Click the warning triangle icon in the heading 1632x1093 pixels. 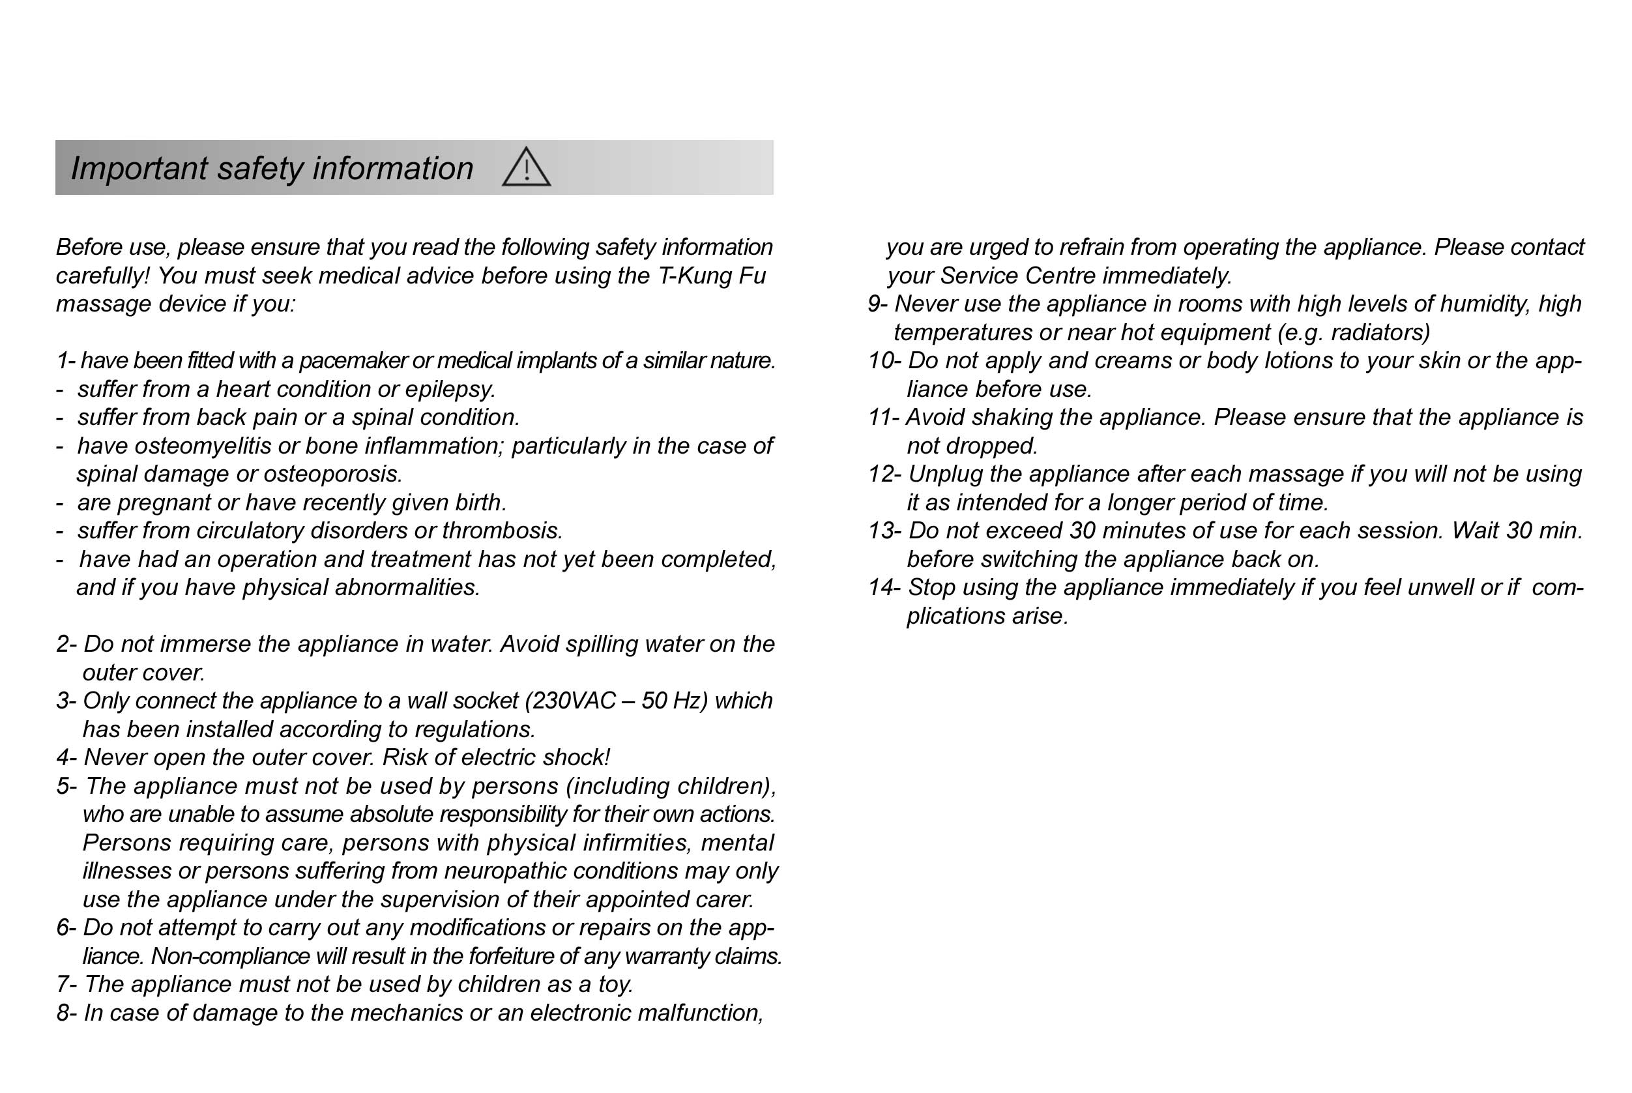click(x=527, y=168)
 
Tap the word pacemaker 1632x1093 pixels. click(x=353, y=361)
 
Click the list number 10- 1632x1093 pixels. click(x=884, y=361)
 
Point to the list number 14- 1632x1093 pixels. click(x=884, y=588)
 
